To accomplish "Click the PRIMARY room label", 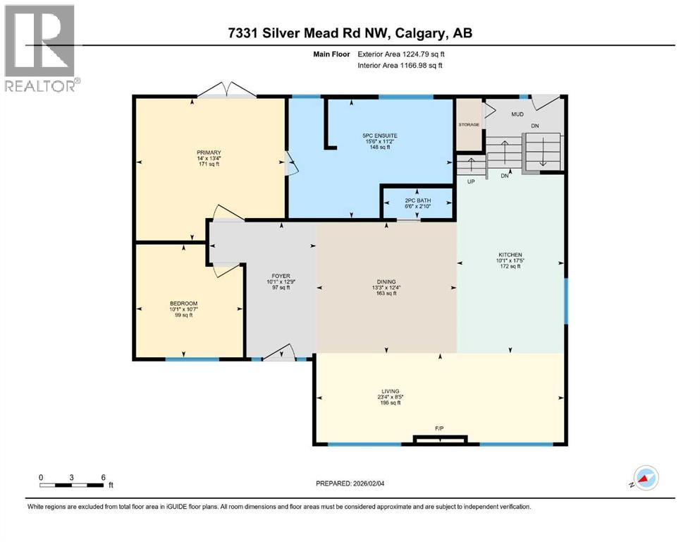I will [209, 152].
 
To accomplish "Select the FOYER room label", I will [281, 277].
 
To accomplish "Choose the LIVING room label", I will [390, 391].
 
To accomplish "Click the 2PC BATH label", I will [417, 200].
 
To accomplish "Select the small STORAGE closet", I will [469, 125].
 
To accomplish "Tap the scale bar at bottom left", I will [73, 484].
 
